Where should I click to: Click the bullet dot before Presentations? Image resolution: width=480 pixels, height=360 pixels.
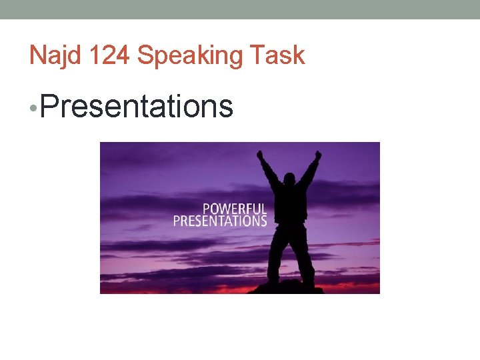point(33,107)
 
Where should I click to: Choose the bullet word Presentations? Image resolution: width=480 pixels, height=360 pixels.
point(137,106)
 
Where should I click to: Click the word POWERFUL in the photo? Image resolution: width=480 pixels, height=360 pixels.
point(235,208)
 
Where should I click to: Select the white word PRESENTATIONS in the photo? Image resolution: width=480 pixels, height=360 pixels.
point(220,221)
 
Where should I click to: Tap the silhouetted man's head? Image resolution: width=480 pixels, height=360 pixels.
point(290,180)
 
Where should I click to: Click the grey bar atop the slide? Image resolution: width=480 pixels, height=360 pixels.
point(240,9)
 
